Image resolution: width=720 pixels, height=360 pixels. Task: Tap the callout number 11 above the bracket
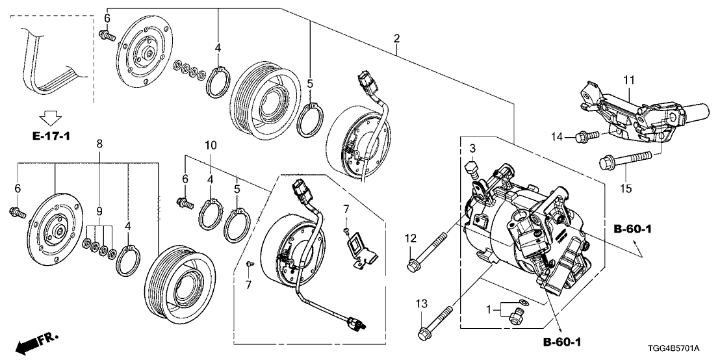tap(628, 80)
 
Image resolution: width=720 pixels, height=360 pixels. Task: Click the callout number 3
tap(472, 149)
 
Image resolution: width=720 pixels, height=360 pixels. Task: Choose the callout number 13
tap(421, 303)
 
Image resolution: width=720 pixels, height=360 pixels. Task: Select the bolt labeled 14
tap(585, 136)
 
